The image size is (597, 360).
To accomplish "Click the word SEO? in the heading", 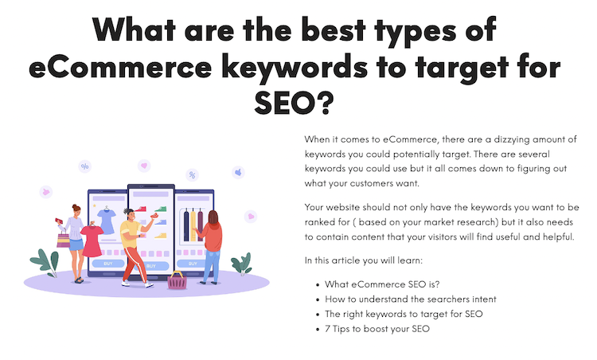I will click(298, 101).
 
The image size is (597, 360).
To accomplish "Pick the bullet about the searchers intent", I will click(411, 299).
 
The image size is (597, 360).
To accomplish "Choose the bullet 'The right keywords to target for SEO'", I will click(404, 314).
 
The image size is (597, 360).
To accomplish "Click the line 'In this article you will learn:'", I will click(369, 260).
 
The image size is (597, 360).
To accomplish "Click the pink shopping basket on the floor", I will click(177, 280).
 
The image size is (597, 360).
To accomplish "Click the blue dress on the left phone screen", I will click(106, 217).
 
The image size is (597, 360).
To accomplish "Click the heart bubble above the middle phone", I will click(143, 166).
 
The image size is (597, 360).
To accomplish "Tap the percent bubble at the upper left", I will click(84, 166).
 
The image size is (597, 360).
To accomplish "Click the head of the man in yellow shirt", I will click(130, 214).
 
